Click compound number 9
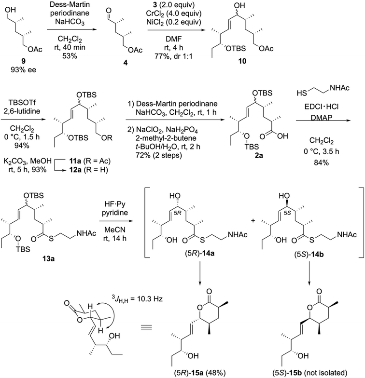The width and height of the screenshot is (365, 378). pyautogui.click(x=23, y=61)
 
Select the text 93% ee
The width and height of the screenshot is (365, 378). pyautogui.click(x=23, y=70)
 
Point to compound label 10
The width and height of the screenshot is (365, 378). pyautogui.click(x=242, y=61)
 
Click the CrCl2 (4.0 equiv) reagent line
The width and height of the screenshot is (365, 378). pyautogui.click(x=174, y=13)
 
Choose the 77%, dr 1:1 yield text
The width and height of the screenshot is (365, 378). pyautogui.click(x=174, y=56)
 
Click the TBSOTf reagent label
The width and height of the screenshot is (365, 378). pyautogui.click(x=22, y=103)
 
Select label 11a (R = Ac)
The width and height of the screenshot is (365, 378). pyautogui.click(x=90, y=161)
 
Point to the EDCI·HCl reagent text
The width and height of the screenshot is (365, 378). pyautogui.click(x=322, y=107)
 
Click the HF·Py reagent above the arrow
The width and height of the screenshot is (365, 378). pyautogui.click(x=115, y=204)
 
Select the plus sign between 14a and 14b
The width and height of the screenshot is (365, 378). pyautogui.click(x=253, y=221)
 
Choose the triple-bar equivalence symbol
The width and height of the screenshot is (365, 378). pyautogui.click(x=146, y=327)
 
